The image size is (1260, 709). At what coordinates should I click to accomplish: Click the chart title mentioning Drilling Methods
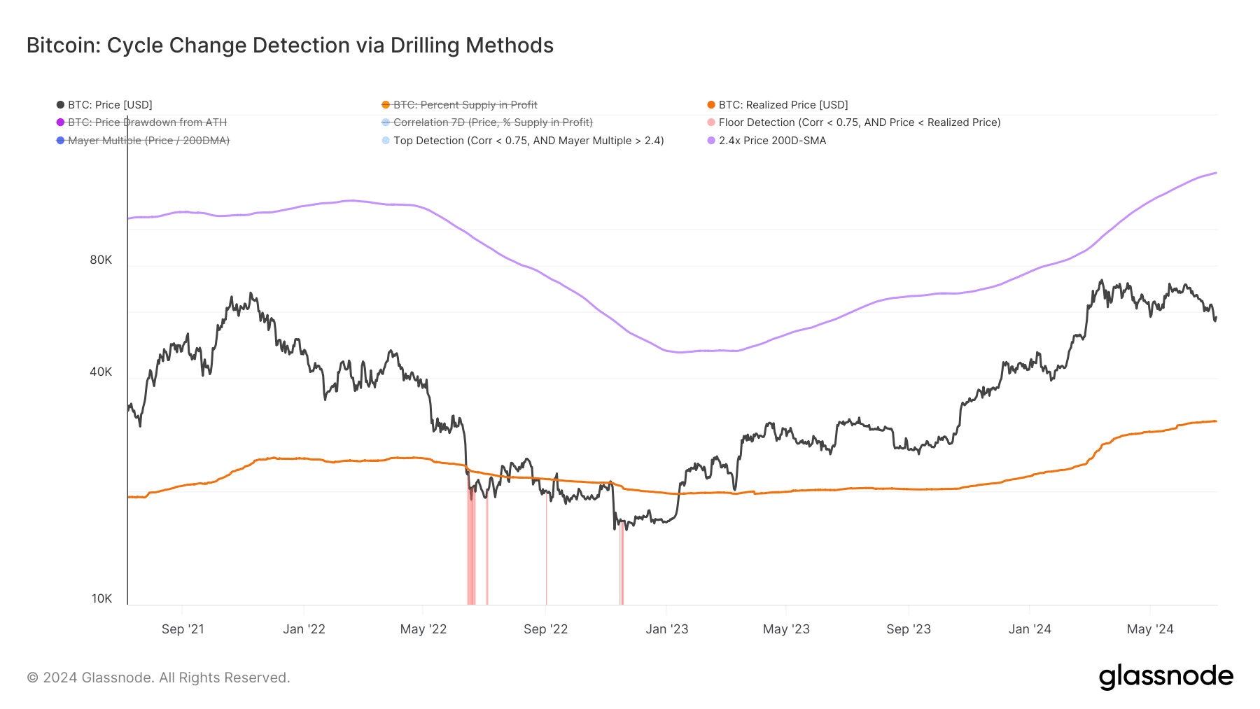[290, 45]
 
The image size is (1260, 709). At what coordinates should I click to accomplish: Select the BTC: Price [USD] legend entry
[109, 105]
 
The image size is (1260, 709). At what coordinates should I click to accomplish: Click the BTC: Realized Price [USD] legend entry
[783, 105]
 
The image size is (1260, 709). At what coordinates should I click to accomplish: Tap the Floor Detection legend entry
[859, 122]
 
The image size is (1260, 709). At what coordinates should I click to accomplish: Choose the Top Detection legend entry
[528, 141]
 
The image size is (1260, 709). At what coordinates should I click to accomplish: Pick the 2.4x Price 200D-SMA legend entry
[771, 141]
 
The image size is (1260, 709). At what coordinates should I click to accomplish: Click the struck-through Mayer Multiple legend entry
[148, 141]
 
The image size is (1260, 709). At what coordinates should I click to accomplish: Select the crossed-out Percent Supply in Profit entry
[465, 105]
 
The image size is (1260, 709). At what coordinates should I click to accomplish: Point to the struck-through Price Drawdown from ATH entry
[147, 122]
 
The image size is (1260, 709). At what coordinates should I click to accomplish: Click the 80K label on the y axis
[101, 260]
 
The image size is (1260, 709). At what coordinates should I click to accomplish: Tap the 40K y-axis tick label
[101, 372]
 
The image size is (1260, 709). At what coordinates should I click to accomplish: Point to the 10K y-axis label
[101, 598]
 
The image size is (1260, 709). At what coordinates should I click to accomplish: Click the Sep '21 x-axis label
[183, 629]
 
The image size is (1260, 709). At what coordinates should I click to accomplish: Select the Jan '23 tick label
[666, 629]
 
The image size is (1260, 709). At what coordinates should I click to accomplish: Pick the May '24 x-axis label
[1149, 629]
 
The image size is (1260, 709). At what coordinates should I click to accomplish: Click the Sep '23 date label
[908, 629]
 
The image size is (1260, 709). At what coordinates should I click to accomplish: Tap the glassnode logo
[1165, 677]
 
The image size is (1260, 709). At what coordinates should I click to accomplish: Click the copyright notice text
[158, 678]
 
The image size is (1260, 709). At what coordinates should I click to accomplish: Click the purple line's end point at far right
[1216, 173]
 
